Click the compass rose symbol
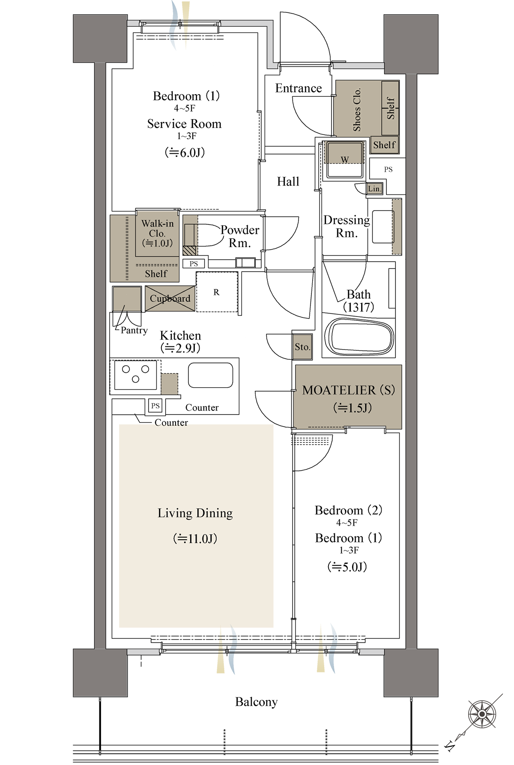click(x=482, y=714)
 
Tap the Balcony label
click(x=256, y=702)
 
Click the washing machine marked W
click(x=344, y=160)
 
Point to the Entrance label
click(x=298, y=88)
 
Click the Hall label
click(x=288, y=182)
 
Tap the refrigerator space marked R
click(x=217, y=292)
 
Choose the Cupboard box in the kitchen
click(x=170, y=299)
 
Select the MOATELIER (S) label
click(x=348, y=390)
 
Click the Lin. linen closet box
click(x=374, y=188)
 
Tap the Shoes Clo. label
click(x=356, y=110)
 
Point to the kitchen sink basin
click(x=210, y=375)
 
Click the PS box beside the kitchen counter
click(x=155, y=406)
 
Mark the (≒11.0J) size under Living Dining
click(x=195, y=538)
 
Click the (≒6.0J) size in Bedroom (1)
click(x=185, y=152)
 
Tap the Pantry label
click(x=134, y=330)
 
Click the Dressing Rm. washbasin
click(x=383, y=227)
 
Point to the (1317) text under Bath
click(x=359, y=307)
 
